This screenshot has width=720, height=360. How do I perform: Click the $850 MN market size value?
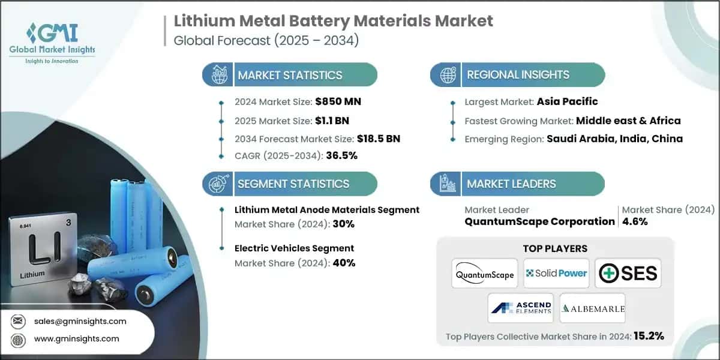[338, 101]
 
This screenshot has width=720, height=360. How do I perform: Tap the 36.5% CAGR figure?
[341, 156]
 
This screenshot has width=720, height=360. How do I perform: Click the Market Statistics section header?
[290, 75]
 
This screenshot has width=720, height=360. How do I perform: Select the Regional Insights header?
[518, 75]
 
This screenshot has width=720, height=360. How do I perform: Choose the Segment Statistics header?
[293, 184]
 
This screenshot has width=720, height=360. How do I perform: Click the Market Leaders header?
[511, 184]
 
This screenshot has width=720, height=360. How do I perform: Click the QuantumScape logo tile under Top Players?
[485, 273]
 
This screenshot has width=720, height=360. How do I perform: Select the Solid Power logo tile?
[556, 273]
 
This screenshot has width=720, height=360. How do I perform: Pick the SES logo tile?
[628, 273]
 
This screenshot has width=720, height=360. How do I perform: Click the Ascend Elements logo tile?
[520, 308]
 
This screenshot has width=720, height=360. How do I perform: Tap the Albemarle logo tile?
[592, 308]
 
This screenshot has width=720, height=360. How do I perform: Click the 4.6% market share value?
[635, 221]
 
